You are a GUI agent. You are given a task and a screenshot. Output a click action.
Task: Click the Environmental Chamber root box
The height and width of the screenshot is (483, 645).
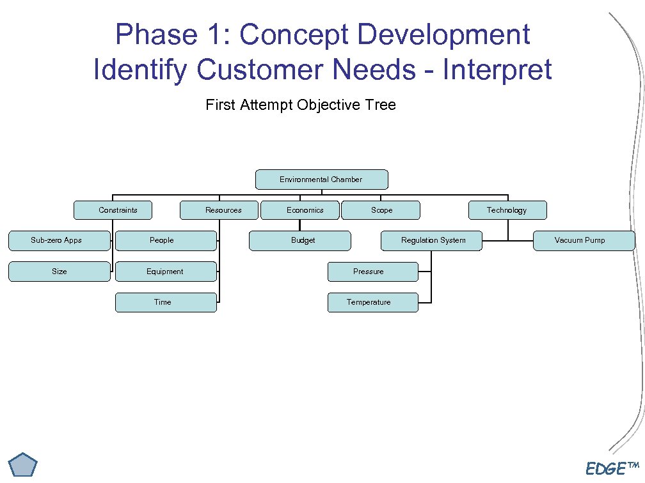pos(321,180)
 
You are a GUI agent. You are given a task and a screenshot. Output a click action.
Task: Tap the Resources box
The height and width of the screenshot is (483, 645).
pos(220,210)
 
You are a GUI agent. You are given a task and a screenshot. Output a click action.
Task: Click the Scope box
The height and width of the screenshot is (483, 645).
pos(381,210)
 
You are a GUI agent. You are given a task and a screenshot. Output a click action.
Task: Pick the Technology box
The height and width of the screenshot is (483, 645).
pos(507,210)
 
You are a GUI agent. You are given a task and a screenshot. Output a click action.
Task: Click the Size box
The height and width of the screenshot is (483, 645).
pos(59,272)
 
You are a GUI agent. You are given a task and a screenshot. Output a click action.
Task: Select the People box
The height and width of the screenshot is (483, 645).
pos(165,241)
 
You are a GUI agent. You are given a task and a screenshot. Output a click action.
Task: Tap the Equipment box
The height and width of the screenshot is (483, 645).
pos(165,272)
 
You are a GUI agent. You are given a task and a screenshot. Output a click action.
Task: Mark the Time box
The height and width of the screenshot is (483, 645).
pos(165,302)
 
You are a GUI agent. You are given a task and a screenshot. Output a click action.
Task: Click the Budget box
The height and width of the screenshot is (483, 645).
pos(299,241)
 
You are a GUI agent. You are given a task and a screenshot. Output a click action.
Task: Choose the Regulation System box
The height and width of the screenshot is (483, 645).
pos(432,241)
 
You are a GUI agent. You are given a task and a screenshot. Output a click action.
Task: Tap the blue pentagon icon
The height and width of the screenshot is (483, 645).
pos(24,464)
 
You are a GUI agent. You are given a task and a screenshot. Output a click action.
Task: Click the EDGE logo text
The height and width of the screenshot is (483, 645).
pos(607,469)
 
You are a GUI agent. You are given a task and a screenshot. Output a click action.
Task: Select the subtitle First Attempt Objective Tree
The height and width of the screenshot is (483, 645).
pos(301,105)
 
